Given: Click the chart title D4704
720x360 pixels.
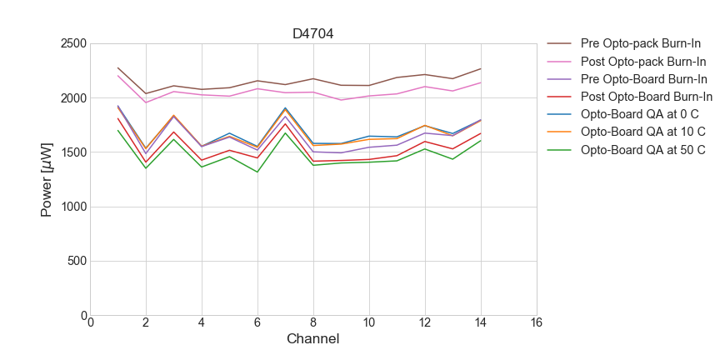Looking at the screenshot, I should point(313,34).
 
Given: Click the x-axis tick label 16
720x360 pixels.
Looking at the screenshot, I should point(536,323).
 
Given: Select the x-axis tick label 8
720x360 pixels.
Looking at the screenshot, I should point(313,323).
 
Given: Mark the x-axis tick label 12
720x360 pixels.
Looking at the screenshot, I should point(425,323).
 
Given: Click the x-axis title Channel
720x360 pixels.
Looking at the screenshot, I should point(313,339).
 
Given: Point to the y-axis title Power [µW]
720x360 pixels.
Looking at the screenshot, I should point(47,180).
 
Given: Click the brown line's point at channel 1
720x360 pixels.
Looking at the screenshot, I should point(118,68).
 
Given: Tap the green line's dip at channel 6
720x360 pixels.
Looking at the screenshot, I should point(257,172).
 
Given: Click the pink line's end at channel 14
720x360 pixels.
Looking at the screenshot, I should point(481,82).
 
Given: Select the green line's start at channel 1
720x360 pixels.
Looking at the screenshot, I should point(118,130).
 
